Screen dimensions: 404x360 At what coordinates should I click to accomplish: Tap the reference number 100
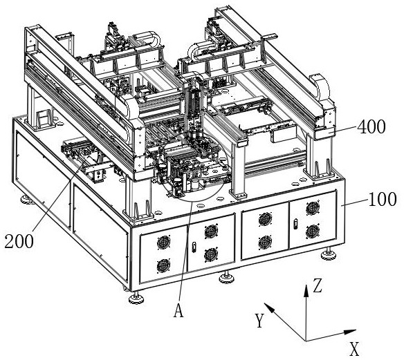pyautogui.click(x=383, y=200)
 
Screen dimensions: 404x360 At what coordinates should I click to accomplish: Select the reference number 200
pyautogui.click(x=19, y=241)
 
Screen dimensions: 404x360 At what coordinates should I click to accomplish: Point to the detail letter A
pyautogui.click(x=178, y=310)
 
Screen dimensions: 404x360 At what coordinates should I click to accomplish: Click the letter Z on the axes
pyautogui.click(x=318, y=286)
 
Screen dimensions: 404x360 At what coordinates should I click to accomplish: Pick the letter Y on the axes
pyautogui.click(x=259, y=321)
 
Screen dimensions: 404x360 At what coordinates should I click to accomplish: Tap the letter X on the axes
pyautogui.click(x=354, y=349)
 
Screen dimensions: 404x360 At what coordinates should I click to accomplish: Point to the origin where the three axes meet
pyautogui.click(x=306, y=341)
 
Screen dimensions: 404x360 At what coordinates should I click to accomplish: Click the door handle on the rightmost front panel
pyautogui.click(x=295, y=224)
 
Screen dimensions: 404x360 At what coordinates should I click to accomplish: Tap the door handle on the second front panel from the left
pyautogui.click(x=194, y=247)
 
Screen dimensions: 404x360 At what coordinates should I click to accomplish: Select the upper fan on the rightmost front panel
pyautogui.click(x=313, y=208)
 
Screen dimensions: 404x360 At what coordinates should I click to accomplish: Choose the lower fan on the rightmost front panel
pyautogui.click(x=313, y=231)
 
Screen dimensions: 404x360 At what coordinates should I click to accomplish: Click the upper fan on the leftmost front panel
pyautogui.click(x=164, y=243)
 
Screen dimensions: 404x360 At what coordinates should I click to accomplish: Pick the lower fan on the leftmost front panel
pyautogui.click(x=163, y=266)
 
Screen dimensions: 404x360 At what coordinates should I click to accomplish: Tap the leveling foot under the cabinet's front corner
pyautogui.click(x=136, y=298)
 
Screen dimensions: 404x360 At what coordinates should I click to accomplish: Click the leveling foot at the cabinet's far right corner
pyautogui.click(x=329, y=254)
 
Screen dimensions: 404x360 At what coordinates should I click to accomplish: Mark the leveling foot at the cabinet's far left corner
pyautogui.click(x=27, y=199)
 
